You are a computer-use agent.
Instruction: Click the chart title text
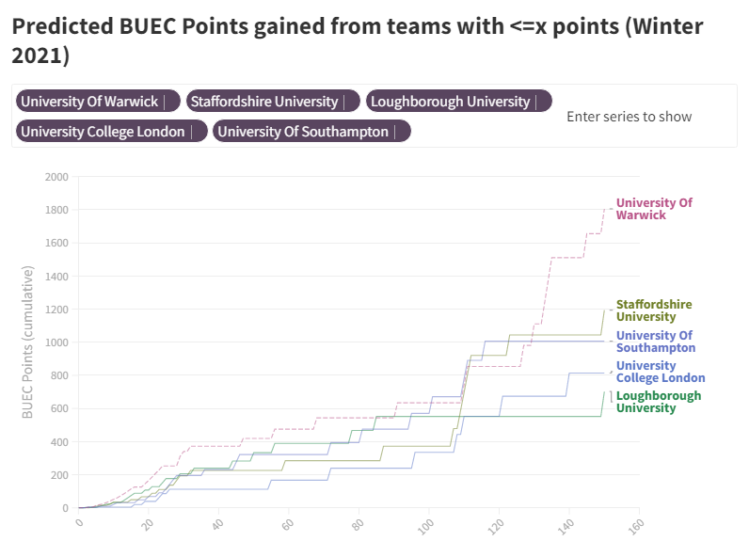pos(358,40)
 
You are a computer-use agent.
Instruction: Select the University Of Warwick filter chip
pos(89,102)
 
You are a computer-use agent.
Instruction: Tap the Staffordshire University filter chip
pos(264,102)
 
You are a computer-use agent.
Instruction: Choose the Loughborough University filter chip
pos(451,102)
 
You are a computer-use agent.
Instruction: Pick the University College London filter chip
pos(104,132)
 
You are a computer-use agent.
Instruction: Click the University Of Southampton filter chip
pos(303,132)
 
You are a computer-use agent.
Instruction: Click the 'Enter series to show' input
pos(629,117)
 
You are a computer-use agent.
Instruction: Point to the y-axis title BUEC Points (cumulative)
pos(27,342)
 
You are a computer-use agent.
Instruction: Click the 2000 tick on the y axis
pos(56,177)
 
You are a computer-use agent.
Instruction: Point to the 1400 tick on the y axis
pos(56,277)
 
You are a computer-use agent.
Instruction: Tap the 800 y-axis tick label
pos(59,376)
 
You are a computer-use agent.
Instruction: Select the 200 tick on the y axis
pos(59,476)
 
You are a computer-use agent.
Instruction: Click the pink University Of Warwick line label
pos(654,209)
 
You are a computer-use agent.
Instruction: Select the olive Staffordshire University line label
pos(654,310)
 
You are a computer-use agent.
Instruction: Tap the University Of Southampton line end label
pos(656,342)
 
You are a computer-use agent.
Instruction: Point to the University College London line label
pos(661,372)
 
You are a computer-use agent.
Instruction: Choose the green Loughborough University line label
pos(659,402)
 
